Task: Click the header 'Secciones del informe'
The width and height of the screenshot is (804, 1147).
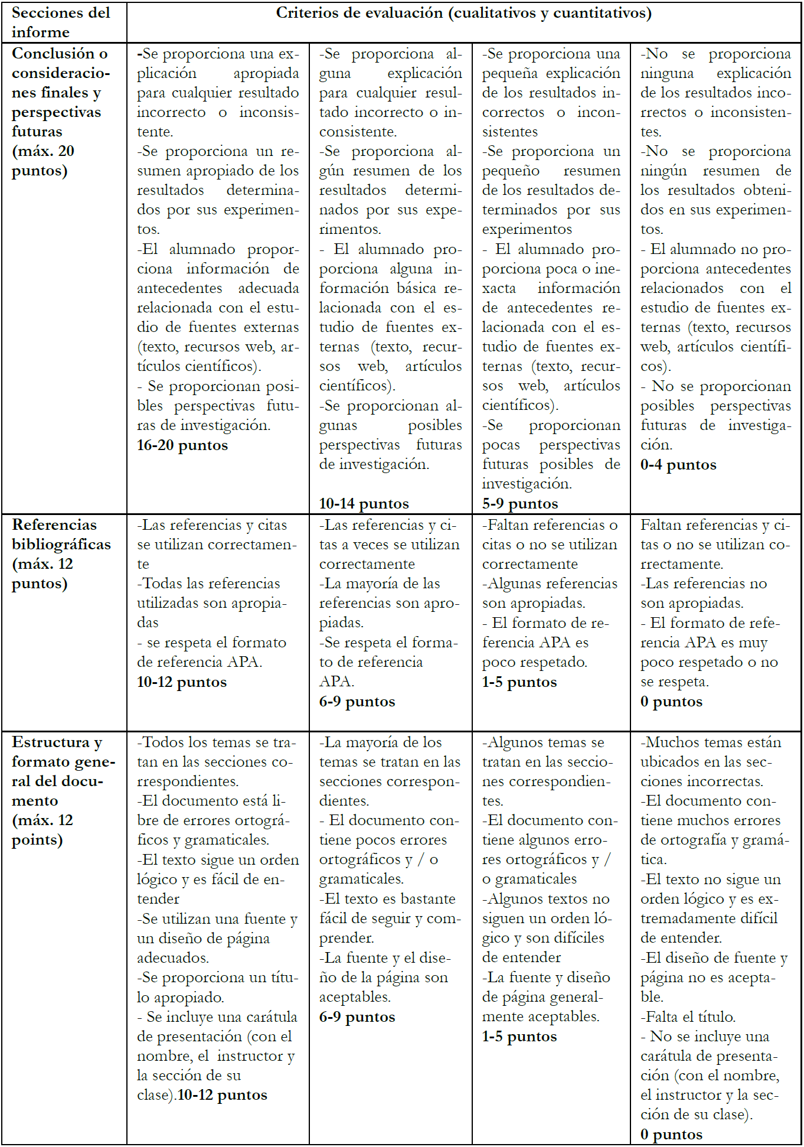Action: coord(60,22)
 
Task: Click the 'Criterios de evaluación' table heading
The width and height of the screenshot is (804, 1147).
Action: coord(463,13)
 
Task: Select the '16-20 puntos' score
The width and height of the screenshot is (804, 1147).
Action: coord(182,445)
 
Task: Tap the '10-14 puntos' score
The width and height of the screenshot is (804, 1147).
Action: coord(364,504)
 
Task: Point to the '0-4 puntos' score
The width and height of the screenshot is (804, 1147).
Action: coord(678,465)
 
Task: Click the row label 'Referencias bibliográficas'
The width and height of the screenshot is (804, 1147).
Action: coord(61,535)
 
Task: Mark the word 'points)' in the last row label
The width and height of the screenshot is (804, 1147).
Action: coord(37,840)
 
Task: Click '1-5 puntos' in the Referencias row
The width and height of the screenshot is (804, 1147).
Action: coord(519,682)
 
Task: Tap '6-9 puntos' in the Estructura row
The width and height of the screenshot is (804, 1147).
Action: coord(357,1017)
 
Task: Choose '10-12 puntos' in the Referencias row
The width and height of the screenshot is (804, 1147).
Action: coord(181,682)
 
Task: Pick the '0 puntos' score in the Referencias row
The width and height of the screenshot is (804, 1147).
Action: coord(671,702)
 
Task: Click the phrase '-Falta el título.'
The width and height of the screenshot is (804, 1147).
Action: coord(687,1017)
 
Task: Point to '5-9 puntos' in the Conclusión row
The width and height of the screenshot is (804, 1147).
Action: coord(519,504)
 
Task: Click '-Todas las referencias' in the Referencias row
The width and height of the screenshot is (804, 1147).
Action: coord(208,584)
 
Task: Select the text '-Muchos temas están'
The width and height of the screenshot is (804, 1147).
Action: coord(710,742)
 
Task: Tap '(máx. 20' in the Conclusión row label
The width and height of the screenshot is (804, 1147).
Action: coord(43,151)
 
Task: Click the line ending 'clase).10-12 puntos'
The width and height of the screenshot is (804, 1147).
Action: coord(202,1095)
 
